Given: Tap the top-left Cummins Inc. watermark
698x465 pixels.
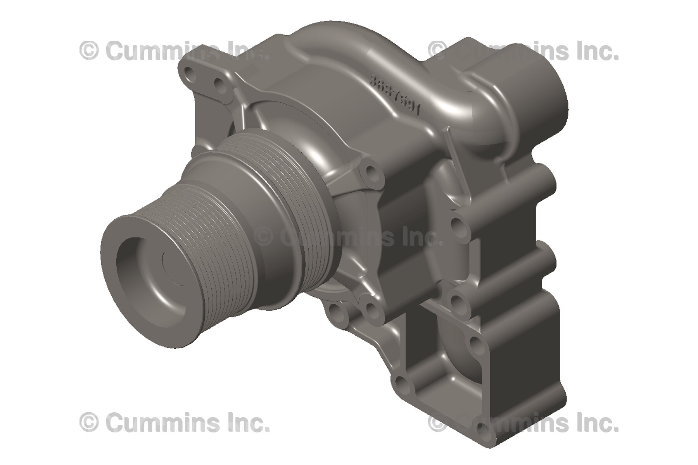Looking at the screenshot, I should coord(174,50).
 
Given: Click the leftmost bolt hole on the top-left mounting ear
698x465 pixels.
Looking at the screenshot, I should coord(190,72).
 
